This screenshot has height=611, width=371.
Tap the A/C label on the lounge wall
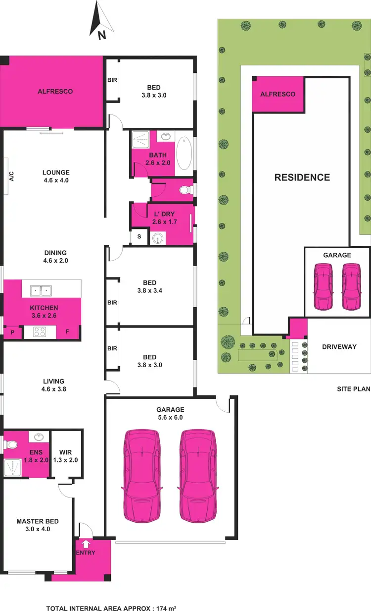tap(11, 176)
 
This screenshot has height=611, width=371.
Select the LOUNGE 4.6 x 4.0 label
tap(56, 176)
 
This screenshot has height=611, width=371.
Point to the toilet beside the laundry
tap(184, 190)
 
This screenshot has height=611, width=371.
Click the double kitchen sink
tap(42, 288)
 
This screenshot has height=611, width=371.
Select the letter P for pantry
tap(12, 332)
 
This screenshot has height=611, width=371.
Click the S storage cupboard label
tap(139, 237)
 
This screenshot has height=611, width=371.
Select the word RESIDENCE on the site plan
tap(302, 177)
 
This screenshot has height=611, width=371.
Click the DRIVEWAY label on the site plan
tap(339, 347)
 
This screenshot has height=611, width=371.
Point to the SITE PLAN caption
tap(354, 389)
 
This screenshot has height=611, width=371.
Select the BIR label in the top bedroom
tap(112, 80)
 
